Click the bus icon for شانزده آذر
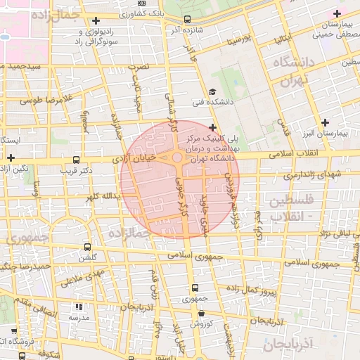[186, 20]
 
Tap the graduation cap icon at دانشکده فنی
[212, 92]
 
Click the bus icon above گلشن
[87, 247]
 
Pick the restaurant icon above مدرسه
[78, 307]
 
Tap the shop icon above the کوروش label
[200, 314]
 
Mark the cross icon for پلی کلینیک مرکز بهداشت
[212, 127]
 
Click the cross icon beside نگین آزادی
[11, 157]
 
